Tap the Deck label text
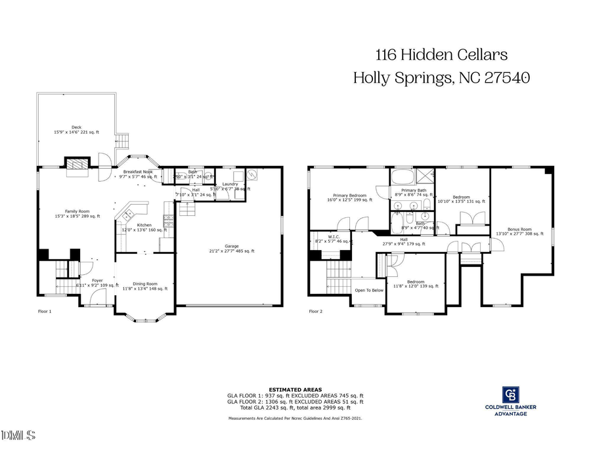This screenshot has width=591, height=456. (x=76, y=129)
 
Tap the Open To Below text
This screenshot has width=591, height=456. (x=369, y=290)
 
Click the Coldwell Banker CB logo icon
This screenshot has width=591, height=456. (x=510, y=394)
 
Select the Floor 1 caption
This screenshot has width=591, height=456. (x=45, y=312)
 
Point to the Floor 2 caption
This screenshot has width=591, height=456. (x=316, y=312)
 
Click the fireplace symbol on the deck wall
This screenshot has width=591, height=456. (x=77, y=165)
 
